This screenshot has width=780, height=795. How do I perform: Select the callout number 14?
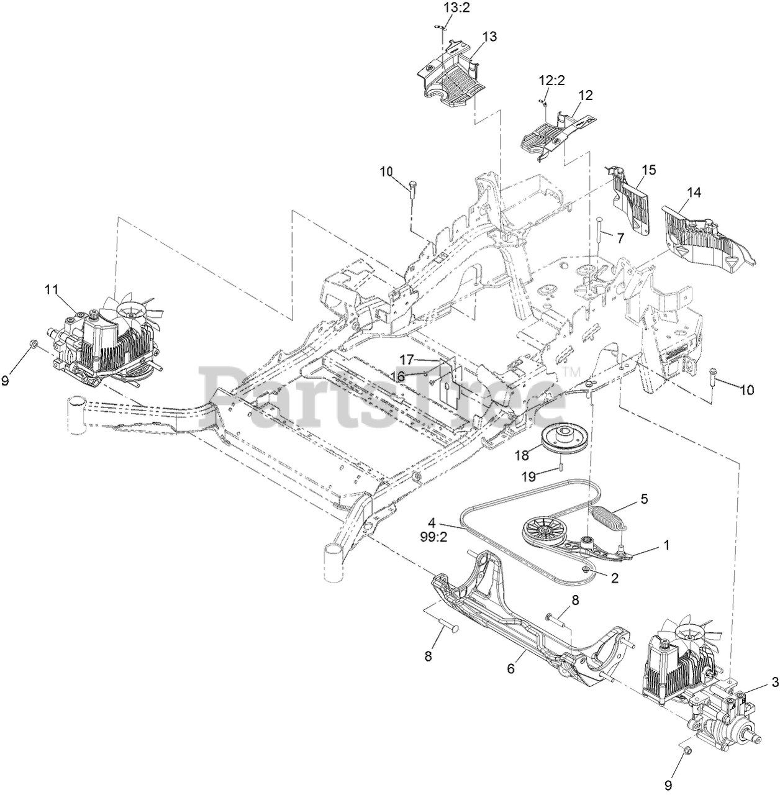click(694, 193)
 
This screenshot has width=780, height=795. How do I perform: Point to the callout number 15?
click(648, 170)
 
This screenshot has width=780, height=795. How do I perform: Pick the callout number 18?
click(522, 455)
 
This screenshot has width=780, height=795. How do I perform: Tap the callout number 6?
click(511, 669)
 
